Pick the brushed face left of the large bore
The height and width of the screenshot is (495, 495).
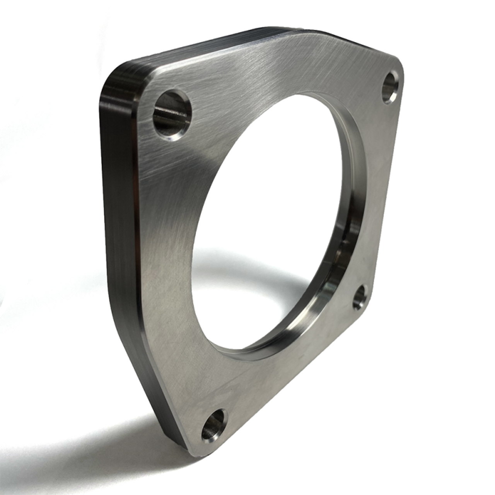click(174, 232)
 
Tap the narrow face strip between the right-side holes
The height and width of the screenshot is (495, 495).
click(383, 193)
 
